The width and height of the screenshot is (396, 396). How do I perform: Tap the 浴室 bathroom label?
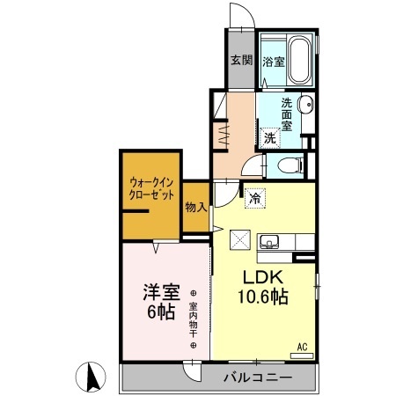(273, 62)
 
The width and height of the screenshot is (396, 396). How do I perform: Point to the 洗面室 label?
(287, 112)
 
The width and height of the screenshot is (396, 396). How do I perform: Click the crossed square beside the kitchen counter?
(240, 239)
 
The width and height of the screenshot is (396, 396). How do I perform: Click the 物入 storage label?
(195, 208)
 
